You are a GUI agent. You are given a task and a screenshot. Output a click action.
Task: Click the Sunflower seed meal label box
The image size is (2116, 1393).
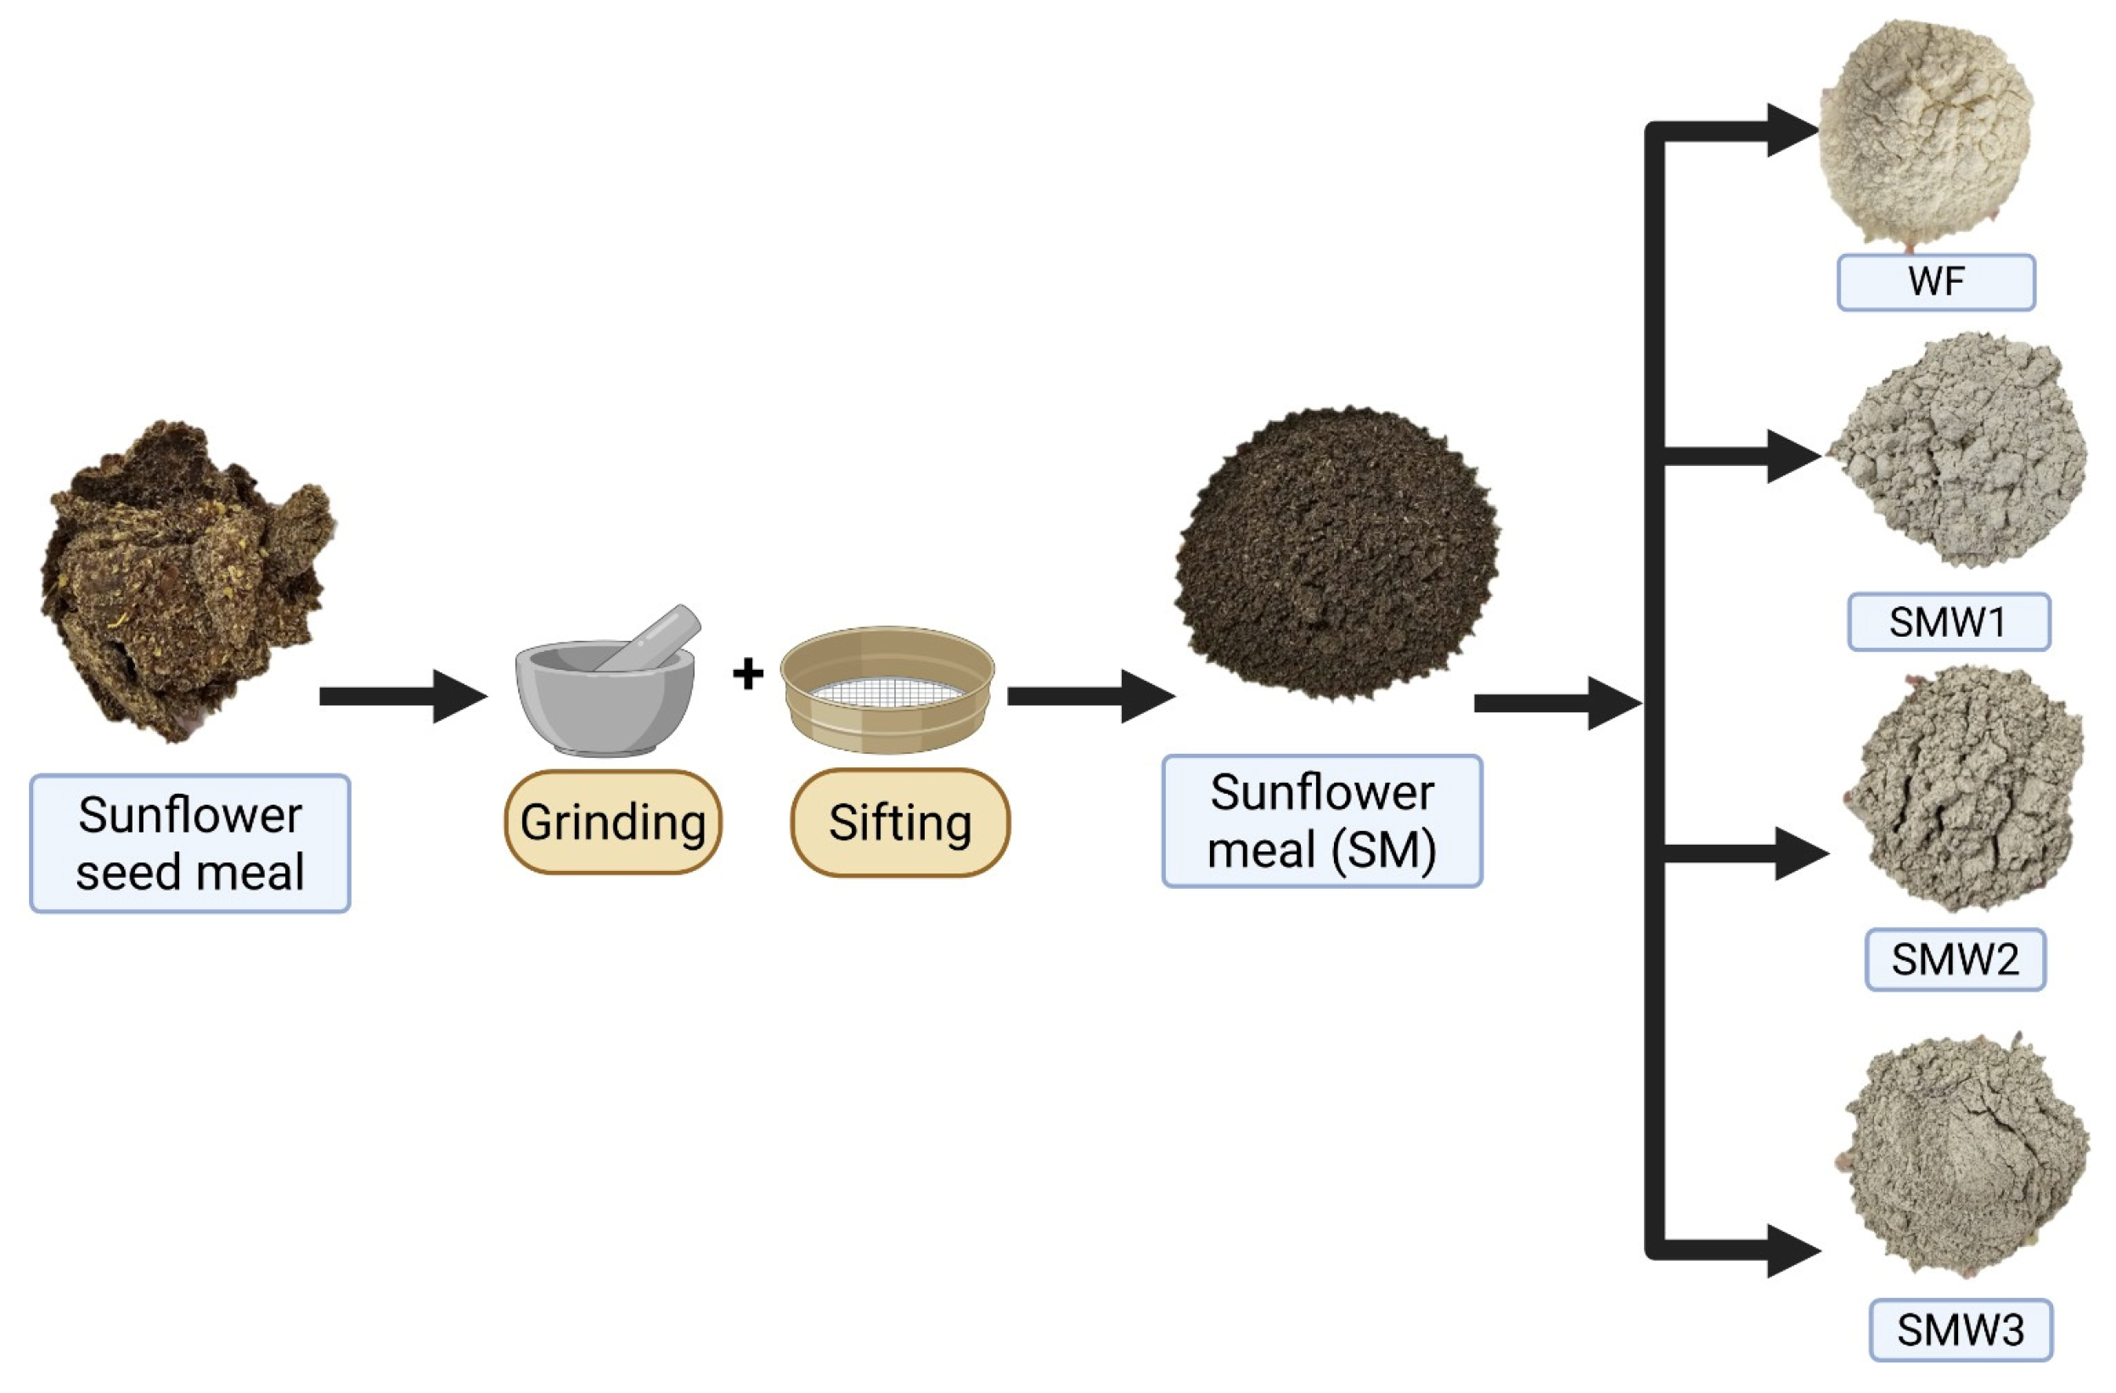(189, 843)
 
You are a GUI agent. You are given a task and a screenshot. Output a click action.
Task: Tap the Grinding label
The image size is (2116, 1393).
(612, 822)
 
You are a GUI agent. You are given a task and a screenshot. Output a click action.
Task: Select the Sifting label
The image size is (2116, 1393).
(900, 822)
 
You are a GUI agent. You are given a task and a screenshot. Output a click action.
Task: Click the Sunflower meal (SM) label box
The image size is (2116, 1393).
(1321, 821)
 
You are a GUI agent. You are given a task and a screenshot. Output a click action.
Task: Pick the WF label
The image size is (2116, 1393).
(1935, 283)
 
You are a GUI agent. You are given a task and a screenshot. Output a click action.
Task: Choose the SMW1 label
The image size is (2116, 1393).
(1948, 622)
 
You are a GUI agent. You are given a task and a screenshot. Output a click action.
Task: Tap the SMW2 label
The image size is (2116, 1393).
(1955, 959)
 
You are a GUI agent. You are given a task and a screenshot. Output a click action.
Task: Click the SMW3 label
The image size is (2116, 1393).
(1961, 1330)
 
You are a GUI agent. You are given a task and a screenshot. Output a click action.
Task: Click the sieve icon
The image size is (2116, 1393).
(887, 688)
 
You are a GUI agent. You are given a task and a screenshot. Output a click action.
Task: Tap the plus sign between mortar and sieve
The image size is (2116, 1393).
(748, 673)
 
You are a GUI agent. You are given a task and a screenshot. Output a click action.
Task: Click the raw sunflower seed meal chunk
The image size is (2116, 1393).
(187, 578)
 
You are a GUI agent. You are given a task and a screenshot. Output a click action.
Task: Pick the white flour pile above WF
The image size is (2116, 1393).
(1925, 133)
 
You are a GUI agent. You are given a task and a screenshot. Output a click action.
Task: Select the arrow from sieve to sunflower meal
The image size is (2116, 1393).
(1090, 696)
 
